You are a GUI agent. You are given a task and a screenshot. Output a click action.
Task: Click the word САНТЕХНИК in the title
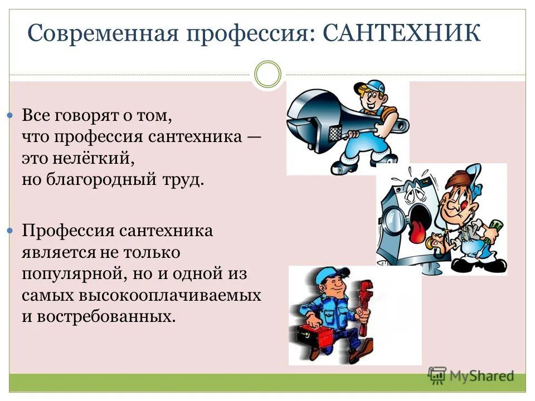(x=401, y=33)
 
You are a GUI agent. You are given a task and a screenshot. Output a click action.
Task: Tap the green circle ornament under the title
(x=268, y=74)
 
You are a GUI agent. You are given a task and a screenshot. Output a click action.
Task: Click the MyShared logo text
(x=481, y=376)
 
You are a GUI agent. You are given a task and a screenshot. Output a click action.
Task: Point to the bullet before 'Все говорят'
(x=10, y=116)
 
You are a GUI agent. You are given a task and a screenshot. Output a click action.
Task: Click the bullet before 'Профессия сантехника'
(x=10, y=231)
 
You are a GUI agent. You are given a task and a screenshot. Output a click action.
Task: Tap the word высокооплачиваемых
(x=170, y=295)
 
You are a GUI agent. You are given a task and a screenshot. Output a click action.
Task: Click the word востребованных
(x=106, y=316)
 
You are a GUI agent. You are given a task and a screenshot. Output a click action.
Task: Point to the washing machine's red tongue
(x=416, y=232)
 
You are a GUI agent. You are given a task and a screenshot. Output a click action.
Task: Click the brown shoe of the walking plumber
(x=364, y=348)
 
